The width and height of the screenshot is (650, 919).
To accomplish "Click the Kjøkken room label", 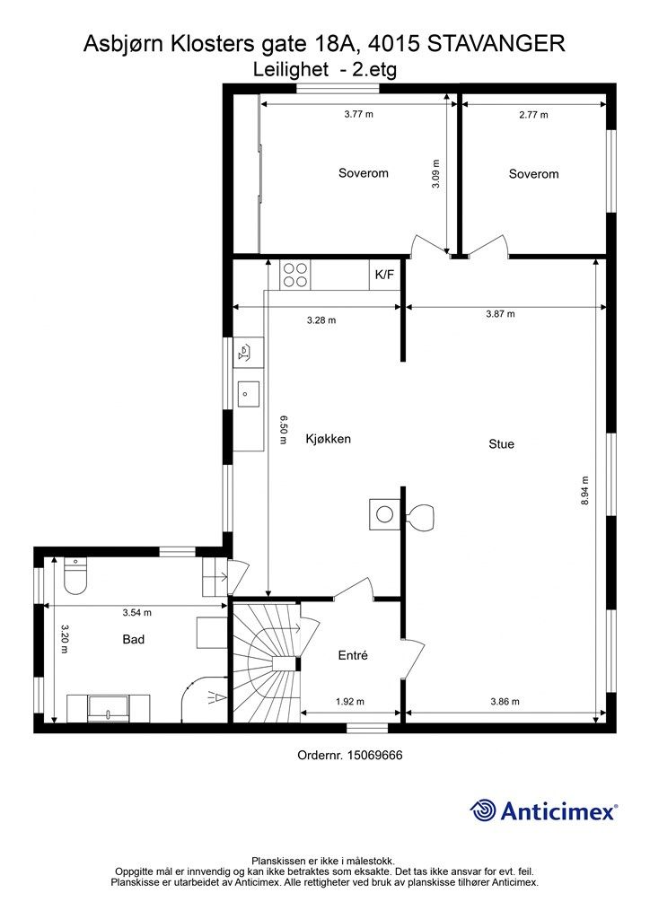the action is (329, 438).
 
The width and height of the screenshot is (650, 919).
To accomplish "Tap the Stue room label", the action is (501, 443).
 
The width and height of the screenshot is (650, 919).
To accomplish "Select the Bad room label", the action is (133, 639).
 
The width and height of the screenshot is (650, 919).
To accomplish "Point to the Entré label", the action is (353, 655).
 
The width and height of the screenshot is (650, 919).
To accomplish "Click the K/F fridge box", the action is (384, 275).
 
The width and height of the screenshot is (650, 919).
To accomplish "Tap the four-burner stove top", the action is (294, 275).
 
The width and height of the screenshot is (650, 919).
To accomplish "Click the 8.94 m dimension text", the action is (585, 491).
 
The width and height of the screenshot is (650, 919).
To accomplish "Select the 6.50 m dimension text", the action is (283, 430).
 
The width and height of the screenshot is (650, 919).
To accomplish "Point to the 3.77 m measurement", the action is (359, 114).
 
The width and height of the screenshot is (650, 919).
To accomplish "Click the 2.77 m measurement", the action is (533, 115).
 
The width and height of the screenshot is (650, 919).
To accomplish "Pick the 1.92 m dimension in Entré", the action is (350, 702).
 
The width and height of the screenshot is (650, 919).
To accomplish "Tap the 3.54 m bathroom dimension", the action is (137, 613).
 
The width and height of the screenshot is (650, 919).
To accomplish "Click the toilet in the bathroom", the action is (75, 575).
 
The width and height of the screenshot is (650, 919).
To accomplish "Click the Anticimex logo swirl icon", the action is (483, 810).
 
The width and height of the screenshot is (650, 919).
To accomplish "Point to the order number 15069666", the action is (375, 756).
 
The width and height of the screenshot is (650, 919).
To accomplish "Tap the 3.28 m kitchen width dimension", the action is (321, 320).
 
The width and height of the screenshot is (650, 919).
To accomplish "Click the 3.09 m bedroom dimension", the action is (435, 173).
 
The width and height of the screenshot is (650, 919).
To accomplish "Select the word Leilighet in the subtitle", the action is (291, 70).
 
